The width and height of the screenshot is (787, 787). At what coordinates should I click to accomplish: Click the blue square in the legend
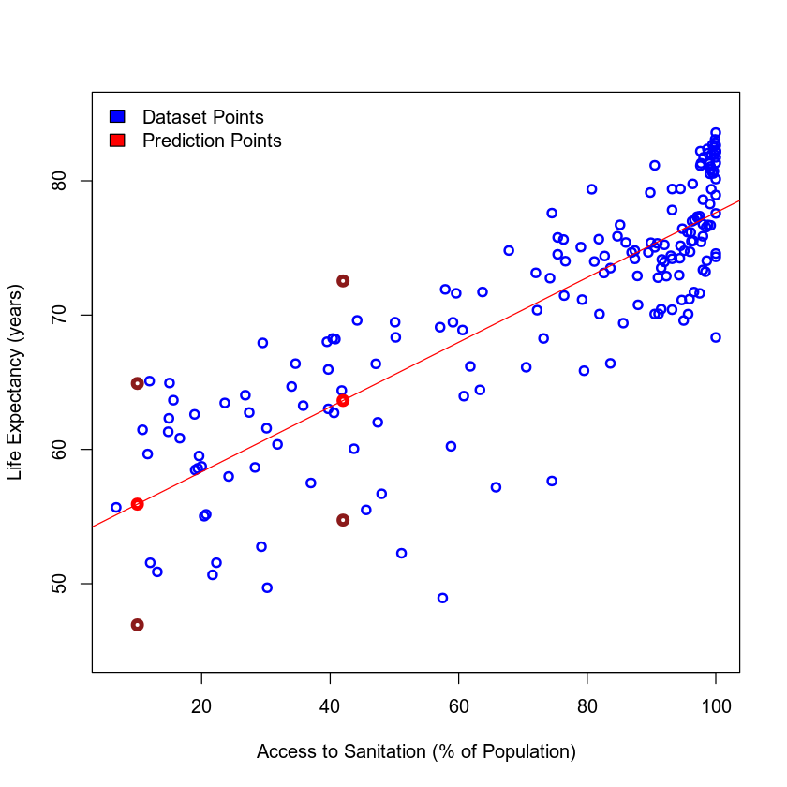point(117,117)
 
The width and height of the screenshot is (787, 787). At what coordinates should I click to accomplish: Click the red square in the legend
point(117,141)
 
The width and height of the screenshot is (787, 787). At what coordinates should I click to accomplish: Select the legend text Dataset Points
point(202,117)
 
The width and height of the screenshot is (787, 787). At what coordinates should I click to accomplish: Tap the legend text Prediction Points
point(212,141)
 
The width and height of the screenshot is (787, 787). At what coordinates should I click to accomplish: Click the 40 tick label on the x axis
point(330,705)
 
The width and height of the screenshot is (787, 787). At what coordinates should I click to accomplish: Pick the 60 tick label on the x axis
point(458,705)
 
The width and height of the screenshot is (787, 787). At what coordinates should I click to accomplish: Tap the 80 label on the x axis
point(587,705)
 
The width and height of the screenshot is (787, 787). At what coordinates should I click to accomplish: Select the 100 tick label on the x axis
point(716,705)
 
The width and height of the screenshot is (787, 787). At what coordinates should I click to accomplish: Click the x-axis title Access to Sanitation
point(415,751)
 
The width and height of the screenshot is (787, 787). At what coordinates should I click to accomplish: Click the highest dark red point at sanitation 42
point(343,281)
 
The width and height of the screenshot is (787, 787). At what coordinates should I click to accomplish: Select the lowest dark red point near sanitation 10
point(137,625)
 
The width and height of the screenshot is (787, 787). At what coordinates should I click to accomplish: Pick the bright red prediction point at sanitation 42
point(343,400)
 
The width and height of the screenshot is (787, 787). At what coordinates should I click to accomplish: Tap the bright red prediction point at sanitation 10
point(137,504)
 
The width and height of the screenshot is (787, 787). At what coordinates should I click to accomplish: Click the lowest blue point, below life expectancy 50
point(442,598)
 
